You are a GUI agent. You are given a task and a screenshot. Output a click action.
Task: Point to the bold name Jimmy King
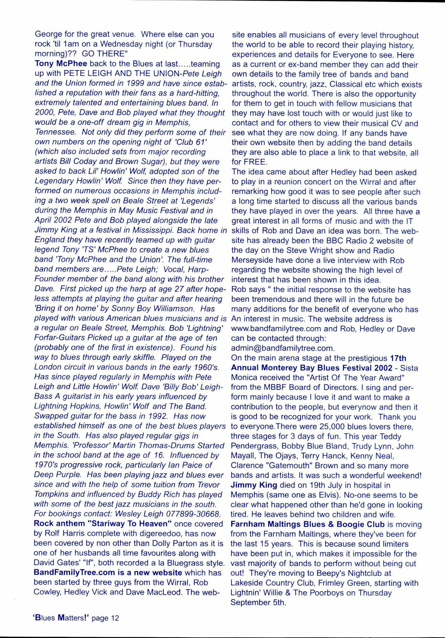tap(254, 485)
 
